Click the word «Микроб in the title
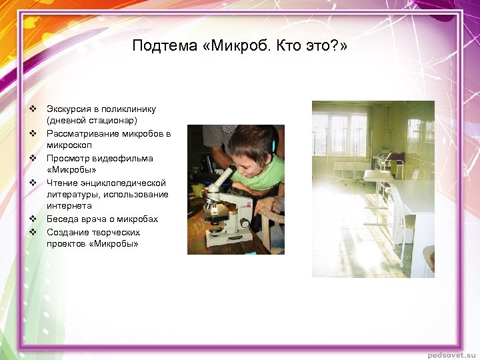tap(235, 46)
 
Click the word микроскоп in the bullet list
tap(69, 145)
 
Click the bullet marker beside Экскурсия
tap(31, 108)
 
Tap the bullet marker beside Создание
tap(31, 232)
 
